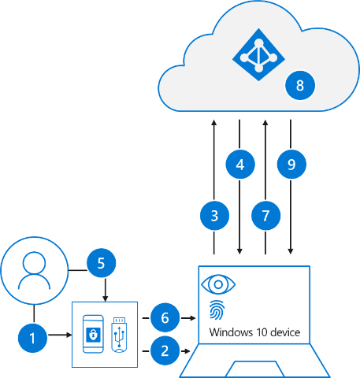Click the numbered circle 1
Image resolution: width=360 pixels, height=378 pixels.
pos(32,338)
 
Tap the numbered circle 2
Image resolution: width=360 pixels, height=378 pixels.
pos(165,350)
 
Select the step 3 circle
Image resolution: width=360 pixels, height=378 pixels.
pos(214,216)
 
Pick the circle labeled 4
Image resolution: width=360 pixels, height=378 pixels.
pos(240,165)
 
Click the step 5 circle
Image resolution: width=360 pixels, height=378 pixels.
pos(102,263)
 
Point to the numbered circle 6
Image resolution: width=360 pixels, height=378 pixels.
pos(165,317)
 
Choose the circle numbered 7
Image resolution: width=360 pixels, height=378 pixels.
pos(266,216)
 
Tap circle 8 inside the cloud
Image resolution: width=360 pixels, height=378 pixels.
pos(300,85)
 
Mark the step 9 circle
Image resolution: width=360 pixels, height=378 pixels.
pos(291,165)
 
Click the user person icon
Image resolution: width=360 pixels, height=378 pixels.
pos(35,271)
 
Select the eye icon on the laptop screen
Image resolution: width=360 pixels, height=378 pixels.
pos(218,284)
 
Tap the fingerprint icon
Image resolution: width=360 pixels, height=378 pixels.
pos(217,310)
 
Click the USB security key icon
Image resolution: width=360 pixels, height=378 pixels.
pos(119,335)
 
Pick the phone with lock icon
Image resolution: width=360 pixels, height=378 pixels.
pos(93,334)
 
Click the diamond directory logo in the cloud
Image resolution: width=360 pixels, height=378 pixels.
pos(258,54)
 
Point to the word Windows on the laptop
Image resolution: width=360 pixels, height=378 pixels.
pos(231,332)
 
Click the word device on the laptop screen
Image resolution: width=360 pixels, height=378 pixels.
pos(285,332)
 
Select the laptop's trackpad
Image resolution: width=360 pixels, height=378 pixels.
pos(254,369)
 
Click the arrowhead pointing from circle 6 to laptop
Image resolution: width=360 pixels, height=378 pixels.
pos(193,318)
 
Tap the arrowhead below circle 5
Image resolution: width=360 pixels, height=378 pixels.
pos(106,298)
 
